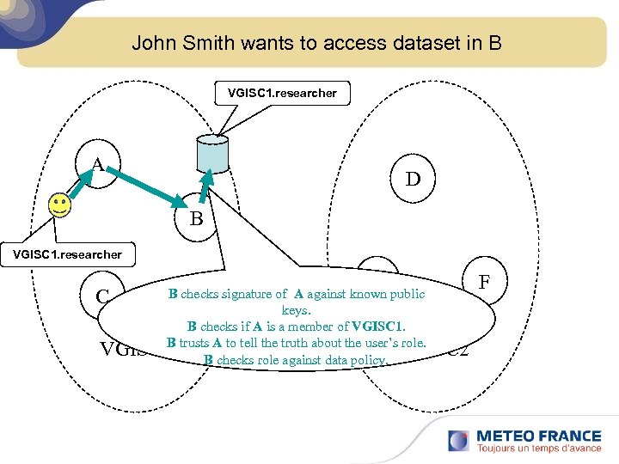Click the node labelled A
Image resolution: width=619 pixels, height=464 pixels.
pos(98,162)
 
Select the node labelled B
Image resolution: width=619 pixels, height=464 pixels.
pos(196,218)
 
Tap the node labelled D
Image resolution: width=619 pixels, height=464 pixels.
pos(413,179)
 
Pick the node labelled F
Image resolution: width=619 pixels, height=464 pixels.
pos(484,282)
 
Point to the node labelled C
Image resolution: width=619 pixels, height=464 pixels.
pos(102,296)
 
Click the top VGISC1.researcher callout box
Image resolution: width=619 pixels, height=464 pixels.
pos(282,93)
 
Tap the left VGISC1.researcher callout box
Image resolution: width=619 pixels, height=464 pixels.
pos(61,254)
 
